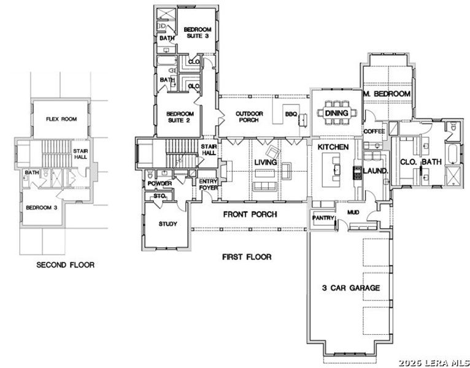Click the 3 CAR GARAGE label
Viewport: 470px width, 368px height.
coord(351,288)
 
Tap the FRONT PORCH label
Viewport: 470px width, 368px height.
coord(250,215)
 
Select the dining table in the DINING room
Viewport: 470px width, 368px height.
coord(336,113)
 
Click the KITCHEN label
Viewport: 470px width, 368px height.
coord(333,148)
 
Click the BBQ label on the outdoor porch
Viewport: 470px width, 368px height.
coord(290,114)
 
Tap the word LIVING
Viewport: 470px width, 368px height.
coord(265,163)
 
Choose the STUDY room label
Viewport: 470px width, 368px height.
coord(168,224)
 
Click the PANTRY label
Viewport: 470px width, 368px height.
coord(322,218)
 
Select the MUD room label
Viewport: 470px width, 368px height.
coord(353,212)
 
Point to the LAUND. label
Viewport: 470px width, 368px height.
coord(375,171)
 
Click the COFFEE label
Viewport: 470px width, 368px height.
coord(374,132)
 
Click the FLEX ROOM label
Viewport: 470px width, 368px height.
coord(61,119)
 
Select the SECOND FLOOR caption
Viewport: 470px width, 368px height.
coord(66,265)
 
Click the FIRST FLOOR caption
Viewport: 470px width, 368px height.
coord(247,257)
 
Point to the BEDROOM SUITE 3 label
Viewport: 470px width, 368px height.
coord(198,33)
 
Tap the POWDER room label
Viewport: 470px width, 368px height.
coord(160,183)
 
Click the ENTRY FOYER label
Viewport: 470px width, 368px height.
coord(208,185)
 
